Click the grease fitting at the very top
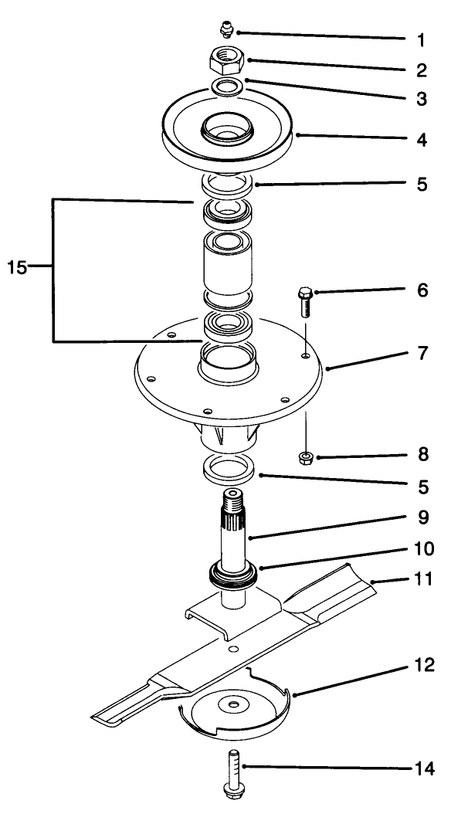(226, 30)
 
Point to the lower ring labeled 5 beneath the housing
(229, 469)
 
